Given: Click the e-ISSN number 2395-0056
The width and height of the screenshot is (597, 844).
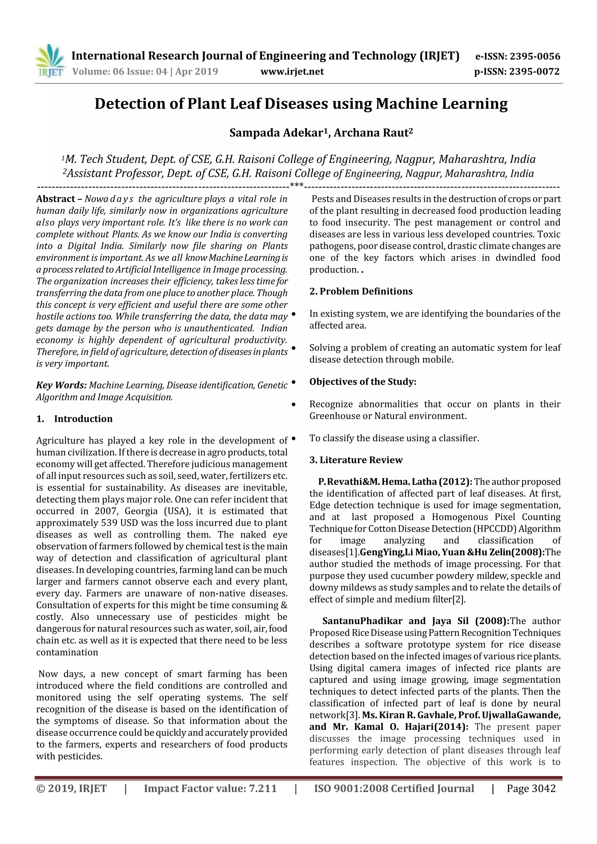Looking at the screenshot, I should click(x=534, y=56).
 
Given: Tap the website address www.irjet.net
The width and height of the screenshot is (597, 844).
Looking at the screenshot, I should click(x=292, y=71).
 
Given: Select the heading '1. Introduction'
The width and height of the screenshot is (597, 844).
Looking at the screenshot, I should click(x=75, y=419).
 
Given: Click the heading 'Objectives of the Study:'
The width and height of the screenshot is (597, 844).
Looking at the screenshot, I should click(x=363, y=382).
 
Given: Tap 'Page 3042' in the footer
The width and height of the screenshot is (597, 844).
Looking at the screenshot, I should click(x=531, y=788).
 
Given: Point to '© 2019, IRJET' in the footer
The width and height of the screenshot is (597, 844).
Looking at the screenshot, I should click(x=72, y=788).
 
